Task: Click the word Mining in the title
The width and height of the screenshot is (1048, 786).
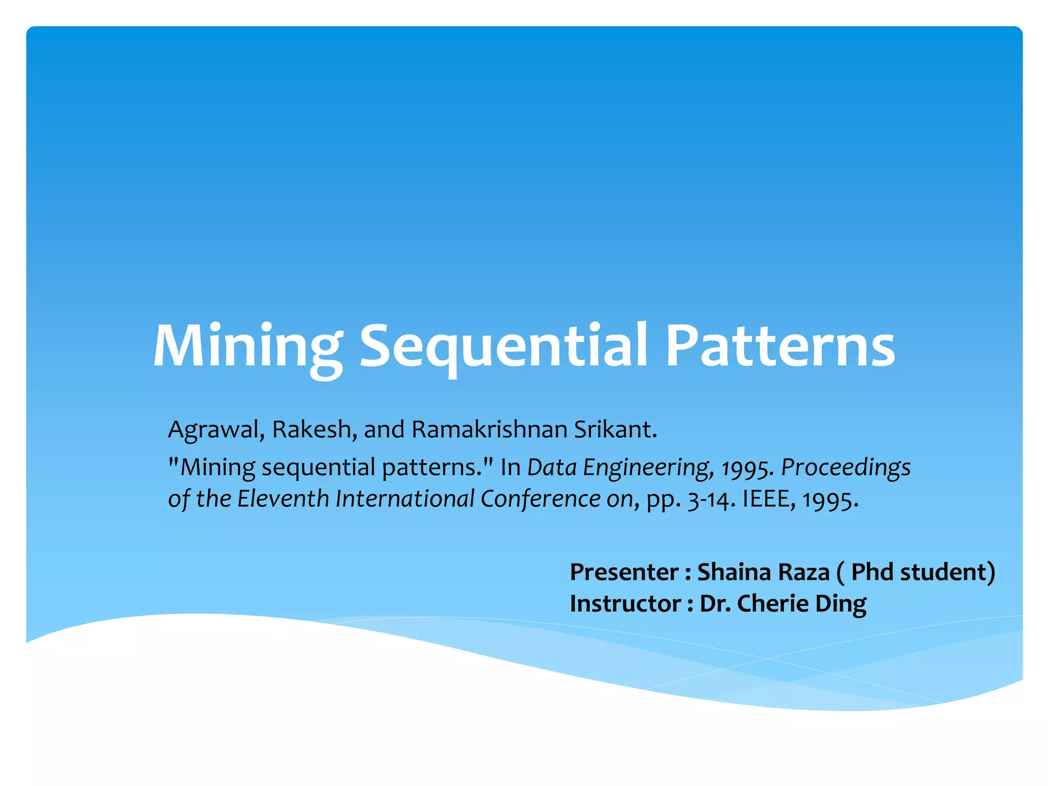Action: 248,347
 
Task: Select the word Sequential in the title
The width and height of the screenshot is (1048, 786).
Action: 504,347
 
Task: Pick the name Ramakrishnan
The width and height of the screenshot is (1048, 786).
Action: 490,430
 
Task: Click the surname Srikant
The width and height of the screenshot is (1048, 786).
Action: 615,430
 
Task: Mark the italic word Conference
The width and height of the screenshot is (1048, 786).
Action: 540,499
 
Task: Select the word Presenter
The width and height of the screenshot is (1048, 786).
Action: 624,572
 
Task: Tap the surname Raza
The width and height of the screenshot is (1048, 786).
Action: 805,572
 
